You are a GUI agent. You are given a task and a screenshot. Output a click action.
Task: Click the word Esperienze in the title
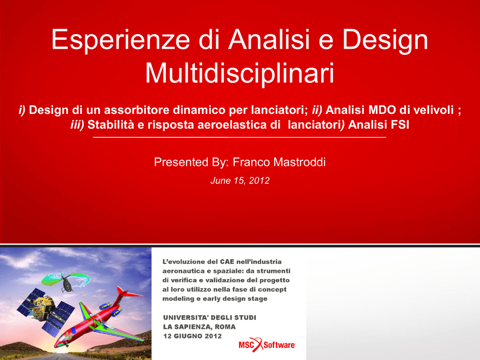121,40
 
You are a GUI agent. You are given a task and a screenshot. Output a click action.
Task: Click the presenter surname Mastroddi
299,162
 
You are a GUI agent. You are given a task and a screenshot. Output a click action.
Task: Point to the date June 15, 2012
240,180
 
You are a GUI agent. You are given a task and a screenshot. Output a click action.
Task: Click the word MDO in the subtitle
382,110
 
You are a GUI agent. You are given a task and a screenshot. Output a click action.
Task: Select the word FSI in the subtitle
400,125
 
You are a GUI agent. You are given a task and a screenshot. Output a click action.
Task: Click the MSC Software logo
267,345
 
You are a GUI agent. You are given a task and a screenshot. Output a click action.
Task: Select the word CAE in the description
227,262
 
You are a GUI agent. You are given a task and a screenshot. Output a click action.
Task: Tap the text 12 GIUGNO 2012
192,336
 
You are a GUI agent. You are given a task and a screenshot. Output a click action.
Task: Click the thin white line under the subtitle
240,137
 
